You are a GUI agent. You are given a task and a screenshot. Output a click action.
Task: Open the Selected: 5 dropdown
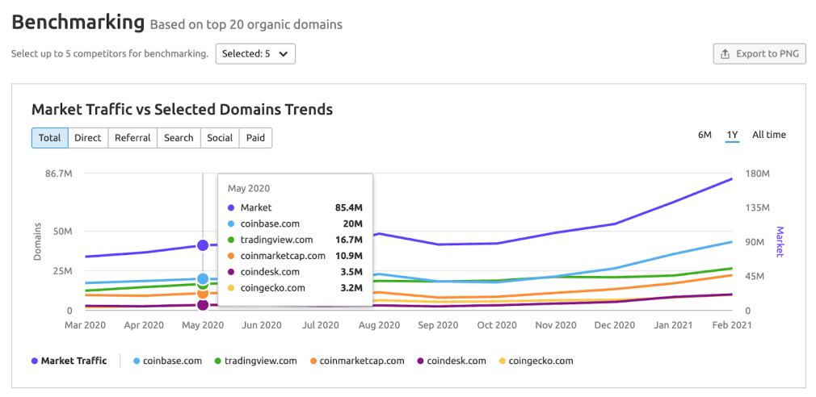254,54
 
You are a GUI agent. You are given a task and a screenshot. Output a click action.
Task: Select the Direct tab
87,138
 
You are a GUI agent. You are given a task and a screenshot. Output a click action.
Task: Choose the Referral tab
132,138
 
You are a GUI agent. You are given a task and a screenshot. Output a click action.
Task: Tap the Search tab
179,138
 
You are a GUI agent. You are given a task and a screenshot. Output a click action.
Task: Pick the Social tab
220,138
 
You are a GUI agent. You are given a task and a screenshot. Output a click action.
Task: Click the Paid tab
256,138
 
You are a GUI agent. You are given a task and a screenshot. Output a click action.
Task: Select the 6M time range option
705,135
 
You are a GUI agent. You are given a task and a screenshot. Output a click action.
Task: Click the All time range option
768,135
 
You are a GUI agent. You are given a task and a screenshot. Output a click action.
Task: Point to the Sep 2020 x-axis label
438,325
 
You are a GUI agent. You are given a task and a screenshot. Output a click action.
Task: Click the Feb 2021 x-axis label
731,325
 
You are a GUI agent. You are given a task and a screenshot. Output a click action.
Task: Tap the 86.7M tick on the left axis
57,173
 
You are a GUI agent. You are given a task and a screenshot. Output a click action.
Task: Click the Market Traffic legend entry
73,361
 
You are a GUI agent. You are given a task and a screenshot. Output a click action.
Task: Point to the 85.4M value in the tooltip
348,207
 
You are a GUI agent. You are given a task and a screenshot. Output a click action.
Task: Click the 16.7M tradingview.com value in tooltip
348,240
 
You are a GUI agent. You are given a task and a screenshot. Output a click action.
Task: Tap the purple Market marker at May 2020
203,245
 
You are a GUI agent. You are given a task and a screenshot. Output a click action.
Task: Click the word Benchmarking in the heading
78,23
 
